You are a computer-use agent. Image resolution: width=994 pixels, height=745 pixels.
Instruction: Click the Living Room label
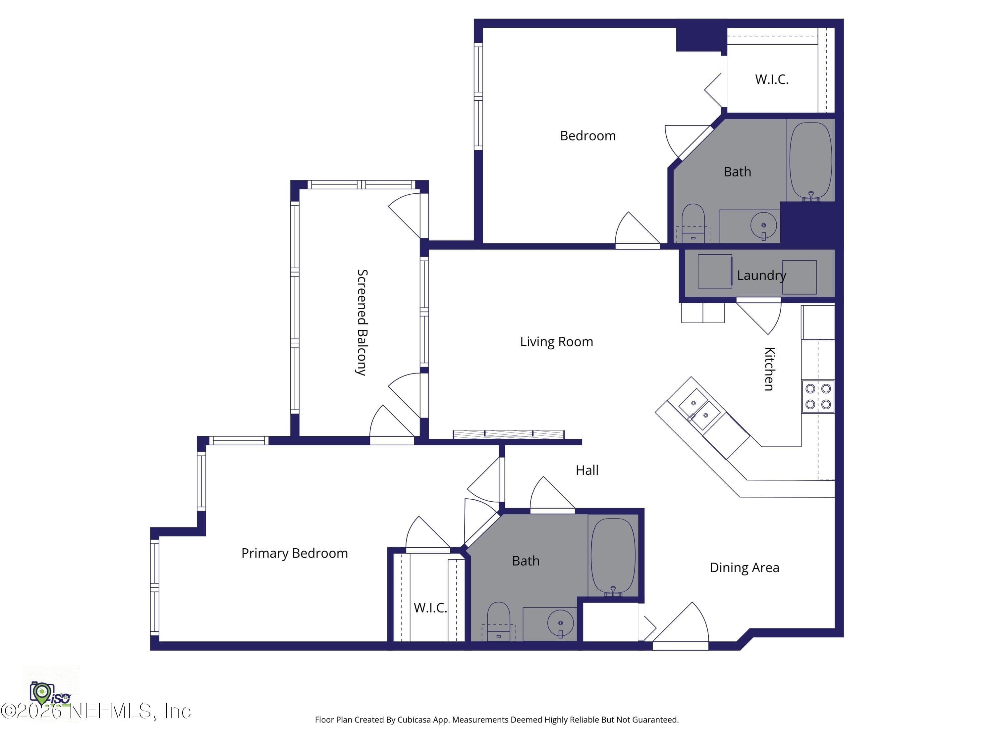point(556,342)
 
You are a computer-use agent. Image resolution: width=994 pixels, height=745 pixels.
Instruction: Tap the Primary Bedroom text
point(294,553)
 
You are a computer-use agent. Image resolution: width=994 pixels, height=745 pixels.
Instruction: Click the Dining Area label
point(744,568)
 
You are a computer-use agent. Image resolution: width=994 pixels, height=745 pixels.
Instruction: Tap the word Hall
point(587,470)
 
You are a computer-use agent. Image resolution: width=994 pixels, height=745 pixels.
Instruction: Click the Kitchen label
point(769,369)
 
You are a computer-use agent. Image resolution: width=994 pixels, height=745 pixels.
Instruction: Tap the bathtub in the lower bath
point(613,557)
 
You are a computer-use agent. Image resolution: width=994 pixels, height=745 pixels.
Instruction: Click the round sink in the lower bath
point(560,623)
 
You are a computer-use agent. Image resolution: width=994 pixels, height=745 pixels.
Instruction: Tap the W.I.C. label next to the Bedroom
point(772,79)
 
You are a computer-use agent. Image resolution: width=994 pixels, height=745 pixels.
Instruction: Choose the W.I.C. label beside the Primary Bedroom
point(430,608)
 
